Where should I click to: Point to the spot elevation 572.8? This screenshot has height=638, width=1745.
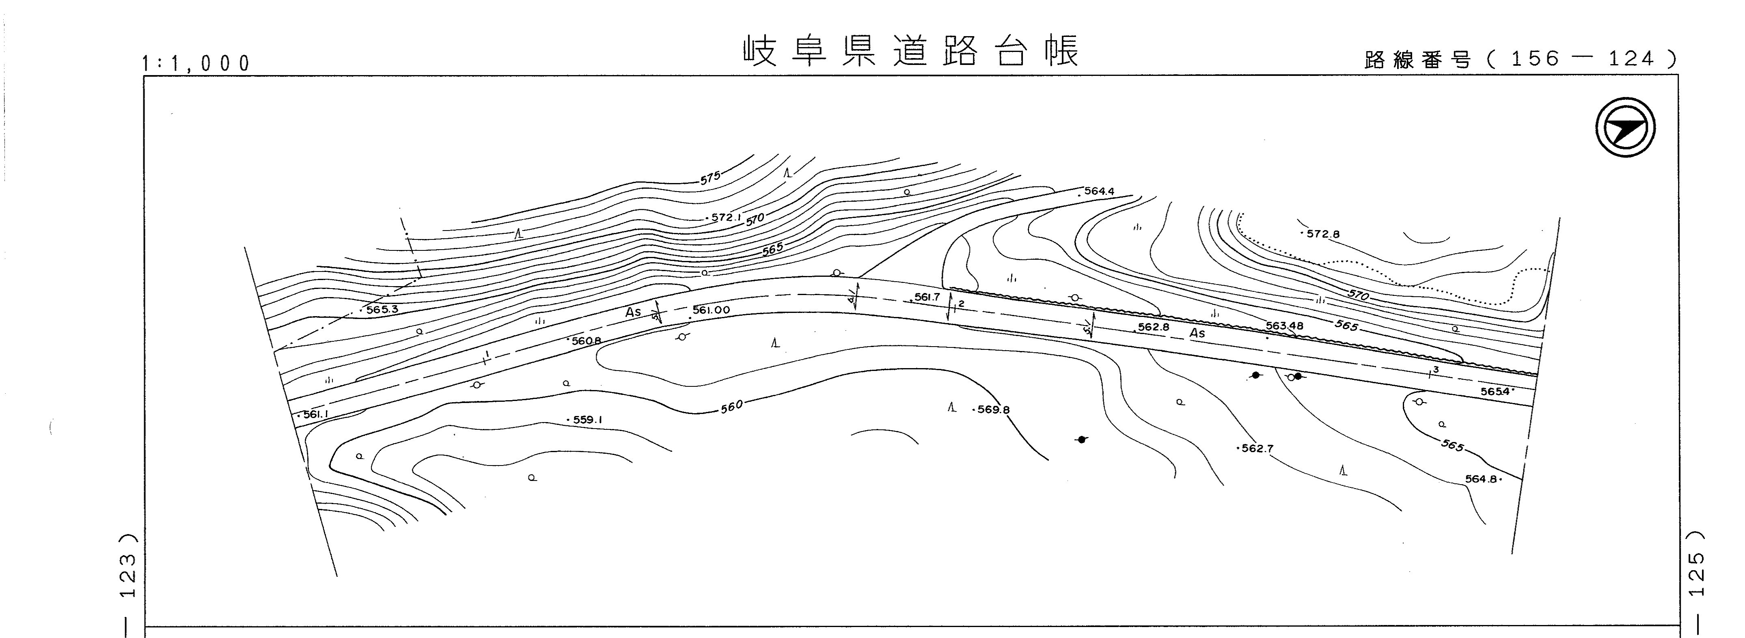point(1322,234)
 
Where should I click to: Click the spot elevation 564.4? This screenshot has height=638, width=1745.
point(1098,192)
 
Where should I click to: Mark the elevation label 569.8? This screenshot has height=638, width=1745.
point(993,410)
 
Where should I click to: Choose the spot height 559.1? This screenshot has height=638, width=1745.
point(587,420)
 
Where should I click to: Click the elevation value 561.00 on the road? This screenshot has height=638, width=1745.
point(711,310)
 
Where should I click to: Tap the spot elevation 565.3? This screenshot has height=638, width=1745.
point(382,310)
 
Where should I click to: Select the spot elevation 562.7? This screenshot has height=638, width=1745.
point(1257,448)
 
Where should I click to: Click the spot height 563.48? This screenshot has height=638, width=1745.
point(1284,326)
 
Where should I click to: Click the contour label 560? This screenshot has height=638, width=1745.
point(731,406)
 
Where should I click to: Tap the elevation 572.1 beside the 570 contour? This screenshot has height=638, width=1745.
point(726,218)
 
